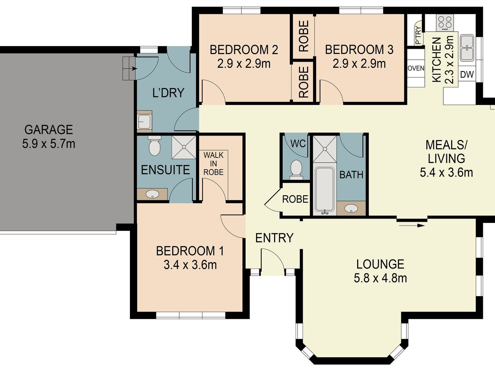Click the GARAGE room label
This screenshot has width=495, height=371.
[49, 130]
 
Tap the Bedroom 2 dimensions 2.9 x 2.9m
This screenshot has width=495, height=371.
[244, 64]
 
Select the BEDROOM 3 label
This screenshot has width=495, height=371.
[359, 50]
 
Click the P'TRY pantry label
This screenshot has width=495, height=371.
[418, 35]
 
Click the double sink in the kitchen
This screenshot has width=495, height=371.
[467, 48]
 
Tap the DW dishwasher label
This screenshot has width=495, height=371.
[467, 75]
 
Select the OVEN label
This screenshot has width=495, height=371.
[416, 68]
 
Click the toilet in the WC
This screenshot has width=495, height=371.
[296, 169]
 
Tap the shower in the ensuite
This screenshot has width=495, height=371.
[183, 147]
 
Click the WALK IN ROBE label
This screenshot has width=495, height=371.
[213, 164]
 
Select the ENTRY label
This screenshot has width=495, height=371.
[274, 238]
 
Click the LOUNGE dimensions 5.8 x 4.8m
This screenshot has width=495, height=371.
[380, 278]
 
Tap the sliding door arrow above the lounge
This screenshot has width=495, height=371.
[412, 225]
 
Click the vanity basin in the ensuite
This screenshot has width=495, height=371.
[152, 194]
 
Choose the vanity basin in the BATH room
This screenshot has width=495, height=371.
[351, 208]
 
